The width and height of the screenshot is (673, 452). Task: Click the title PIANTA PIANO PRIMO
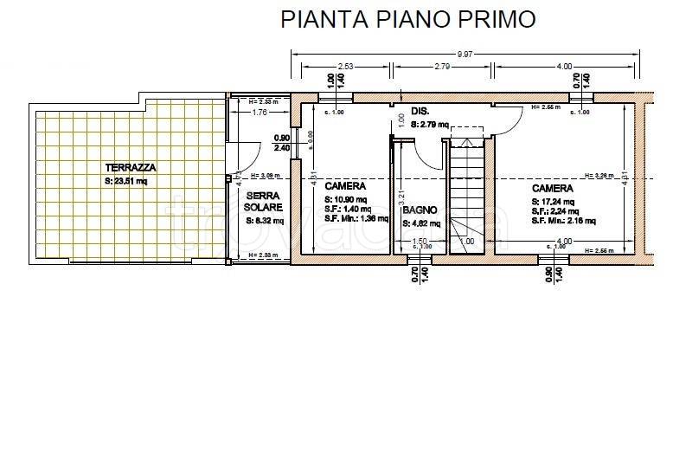[408, 19]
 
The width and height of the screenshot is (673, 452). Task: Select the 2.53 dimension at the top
[345, 66]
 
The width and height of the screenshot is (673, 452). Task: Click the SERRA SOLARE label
[263, 203]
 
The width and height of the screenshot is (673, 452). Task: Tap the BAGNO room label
[420, 210]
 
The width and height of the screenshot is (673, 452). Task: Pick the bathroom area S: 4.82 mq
[421, 223]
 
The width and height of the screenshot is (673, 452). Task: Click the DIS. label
[420, 112]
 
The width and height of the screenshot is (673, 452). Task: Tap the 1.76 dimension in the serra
[259, 113]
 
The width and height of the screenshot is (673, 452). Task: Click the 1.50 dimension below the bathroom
[420, 241]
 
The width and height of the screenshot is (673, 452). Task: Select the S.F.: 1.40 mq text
[348, 209]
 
